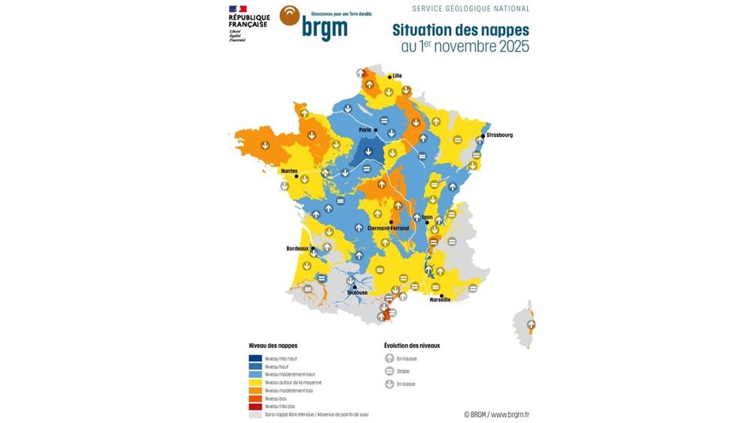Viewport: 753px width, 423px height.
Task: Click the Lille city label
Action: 398,75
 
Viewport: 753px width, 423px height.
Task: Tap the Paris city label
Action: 365,129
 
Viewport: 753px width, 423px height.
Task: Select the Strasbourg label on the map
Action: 499,135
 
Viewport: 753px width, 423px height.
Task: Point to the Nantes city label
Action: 288,171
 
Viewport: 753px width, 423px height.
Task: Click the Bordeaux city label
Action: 298,248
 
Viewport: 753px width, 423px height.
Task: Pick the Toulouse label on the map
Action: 357,292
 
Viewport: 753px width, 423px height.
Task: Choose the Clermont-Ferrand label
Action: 388,228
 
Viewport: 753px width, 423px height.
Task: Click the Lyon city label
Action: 428,217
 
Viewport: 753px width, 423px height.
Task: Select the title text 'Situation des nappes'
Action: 460,30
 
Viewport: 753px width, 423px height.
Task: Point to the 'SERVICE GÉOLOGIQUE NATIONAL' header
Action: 471,9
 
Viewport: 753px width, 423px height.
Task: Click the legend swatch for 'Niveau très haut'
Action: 255,358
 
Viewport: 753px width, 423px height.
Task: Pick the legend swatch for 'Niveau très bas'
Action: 255,406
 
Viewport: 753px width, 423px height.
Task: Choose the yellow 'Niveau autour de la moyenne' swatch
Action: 255,382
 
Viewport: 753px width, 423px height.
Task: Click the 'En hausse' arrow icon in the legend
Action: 389,359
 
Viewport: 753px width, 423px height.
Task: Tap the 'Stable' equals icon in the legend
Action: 389,371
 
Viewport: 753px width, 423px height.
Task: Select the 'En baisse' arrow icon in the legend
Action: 389,384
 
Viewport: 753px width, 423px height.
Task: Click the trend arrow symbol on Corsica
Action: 531,325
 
